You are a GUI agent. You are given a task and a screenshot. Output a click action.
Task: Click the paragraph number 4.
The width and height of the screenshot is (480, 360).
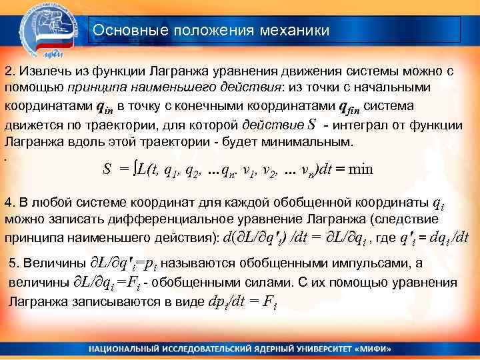(8, 201)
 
